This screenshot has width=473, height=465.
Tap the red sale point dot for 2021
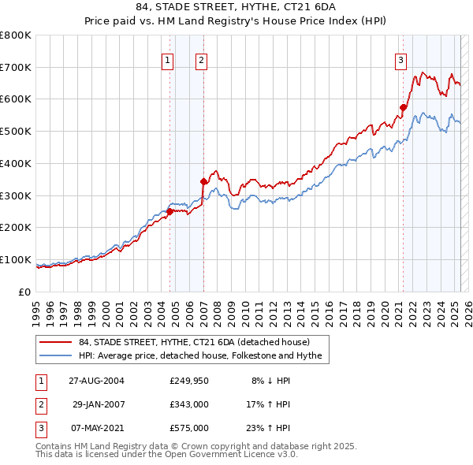click(403, 107)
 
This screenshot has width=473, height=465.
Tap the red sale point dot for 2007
click(203, 181)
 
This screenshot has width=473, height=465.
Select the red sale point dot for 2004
click(169, 211)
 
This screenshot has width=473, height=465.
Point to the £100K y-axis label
click(16, 259)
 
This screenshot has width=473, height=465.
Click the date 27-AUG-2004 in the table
click(96, 381)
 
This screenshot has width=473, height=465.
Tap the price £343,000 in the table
click(189, 404)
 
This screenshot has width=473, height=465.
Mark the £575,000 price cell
click(189, 428)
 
